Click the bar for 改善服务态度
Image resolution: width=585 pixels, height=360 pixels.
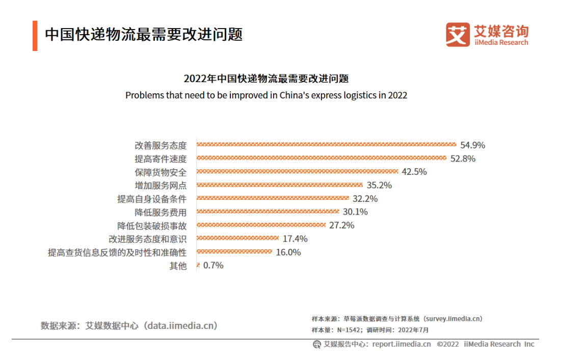pyautogui.click(x=326, y=145)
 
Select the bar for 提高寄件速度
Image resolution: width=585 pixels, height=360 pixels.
pyautogui.click(x=321, y=159)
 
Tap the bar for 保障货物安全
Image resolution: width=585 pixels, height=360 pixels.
pyautogui.click(x=297, y=172)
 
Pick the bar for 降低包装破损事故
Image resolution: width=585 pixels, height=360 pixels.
pyautogui.click(x=261, y=225)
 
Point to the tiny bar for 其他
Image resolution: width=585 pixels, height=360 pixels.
pyautogui.click(x=198, y=265)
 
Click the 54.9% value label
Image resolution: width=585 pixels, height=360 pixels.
pyautogui.click(x=472, y=145)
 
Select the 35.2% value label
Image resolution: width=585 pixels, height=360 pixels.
pyautogui.click(x=379, y=185)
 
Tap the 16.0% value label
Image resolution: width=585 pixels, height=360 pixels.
pyautogui.click(x=288, y=252)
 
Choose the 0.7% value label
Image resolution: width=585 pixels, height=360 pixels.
pyautogui.click(x=213, y=265)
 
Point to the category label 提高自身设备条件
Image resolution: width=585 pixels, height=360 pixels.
pyautogui.click(x=152, y=199)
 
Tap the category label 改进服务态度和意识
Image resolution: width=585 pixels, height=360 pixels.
pyautogui.click(x=148, y=239)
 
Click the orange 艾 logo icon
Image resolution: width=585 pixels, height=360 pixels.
pyautogui.click(x=458, y=34)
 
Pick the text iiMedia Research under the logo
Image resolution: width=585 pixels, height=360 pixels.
pyautogui.click(x=501, y=43)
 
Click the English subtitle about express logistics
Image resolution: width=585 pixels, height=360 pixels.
pyautogui.click(x=266, y=95)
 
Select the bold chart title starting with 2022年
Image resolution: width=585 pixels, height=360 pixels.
pyautogui.click(x=266, y=79)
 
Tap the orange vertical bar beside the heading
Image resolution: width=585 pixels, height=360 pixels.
pyautogui.click(x=35, y=36)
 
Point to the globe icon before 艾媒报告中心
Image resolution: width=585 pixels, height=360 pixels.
pyautogui.click(x=316, y=344)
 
